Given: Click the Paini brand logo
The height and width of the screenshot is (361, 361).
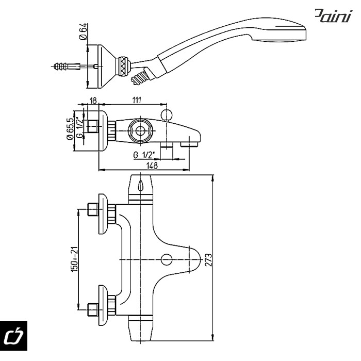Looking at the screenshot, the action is (x=333, y=15).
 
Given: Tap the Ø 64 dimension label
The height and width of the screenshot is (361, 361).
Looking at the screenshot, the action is (x=83, y=31).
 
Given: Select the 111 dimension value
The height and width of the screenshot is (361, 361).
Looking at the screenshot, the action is (x=137, y=100).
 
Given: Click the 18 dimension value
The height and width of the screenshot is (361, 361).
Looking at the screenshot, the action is (x=93, y=101).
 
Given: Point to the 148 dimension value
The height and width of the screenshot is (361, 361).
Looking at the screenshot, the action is (x=152, y=166).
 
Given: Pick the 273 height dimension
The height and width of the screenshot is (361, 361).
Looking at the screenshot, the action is (x=208, y=260).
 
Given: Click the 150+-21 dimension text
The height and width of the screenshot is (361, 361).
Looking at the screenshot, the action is (x=74, y=259).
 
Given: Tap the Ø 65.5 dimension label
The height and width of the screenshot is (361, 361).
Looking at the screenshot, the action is (x=70, y=129).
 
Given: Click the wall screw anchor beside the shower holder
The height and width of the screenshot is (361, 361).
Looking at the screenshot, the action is (x=67, y=67).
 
